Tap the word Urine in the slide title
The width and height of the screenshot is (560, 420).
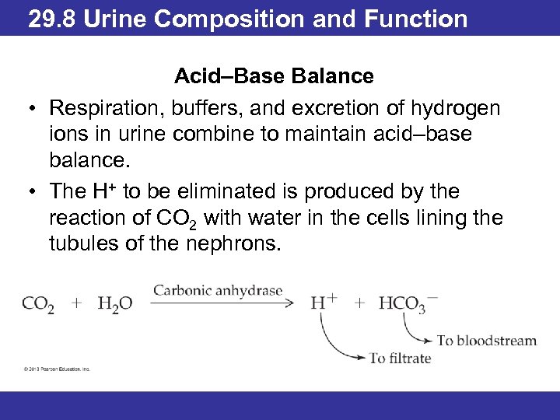115,18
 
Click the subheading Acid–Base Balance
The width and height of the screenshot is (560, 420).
274,76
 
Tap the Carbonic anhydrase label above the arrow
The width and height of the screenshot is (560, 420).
217,291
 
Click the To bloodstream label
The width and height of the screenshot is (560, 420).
487,340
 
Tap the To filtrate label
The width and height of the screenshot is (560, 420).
400,359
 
